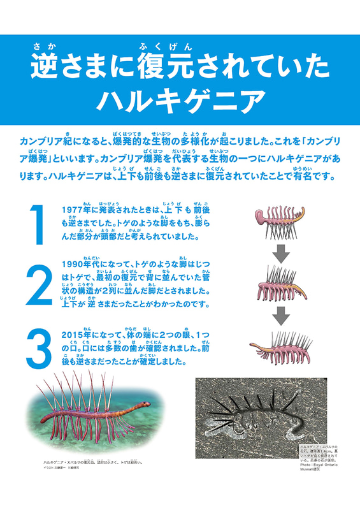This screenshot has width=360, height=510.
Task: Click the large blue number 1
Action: pyautogui.click(x=36, y=225)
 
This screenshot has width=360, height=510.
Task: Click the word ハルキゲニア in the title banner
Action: pyautogui.click(x=180, y=99)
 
